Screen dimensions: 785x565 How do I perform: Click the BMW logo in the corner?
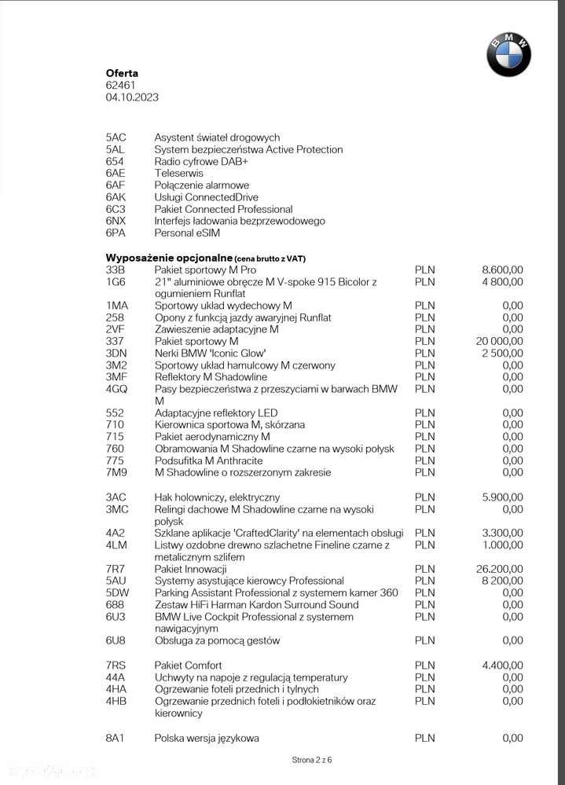click(508, 54)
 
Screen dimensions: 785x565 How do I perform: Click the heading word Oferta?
click(122, 73)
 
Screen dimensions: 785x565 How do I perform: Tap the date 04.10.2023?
click(132, 97)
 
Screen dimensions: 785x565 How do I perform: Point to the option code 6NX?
click(116, 222)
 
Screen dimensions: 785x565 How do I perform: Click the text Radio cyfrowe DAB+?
click(201, 161)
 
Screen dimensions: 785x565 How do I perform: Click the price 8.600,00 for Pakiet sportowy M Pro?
click(502, 270)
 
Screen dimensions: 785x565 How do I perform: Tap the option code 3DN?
click(116, 354)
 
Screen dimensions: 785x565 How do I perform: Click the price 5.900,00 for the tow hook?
click(502, 497)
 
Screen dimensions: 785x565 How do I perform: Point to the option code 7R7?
click(115, 569)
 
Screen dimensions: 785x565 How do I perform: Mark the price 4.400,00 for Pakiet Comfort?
click(502, 666)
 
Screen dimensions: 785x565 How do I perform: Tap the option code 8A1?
click(115, 738)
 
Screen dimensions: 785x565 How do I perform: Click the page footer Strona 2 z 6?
click(312, 760)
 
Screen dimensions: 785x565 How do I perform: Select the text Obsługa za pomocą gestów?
click(217, 640)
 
